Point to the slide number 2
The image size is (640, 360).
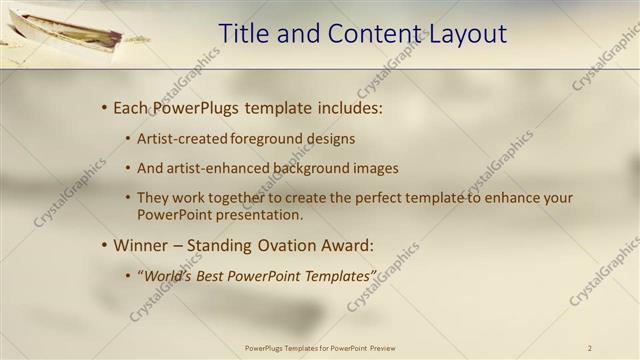click(x=590, y=348)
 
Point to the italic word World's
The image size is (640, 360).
click(x=167, y=275)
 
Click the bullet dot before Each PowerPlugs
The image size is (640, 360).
click(x=104, y=108)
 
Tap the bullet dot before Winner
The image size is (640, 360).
click(x=104, y=245)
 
